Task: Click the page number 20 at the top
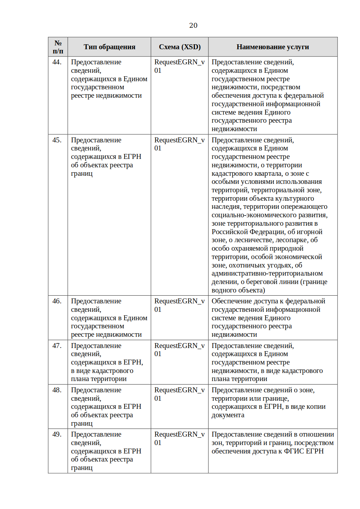(x=193, y=25)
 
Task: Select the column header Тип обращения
(x=109, y=47)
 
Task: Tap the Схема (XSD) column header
(x=180, y=47)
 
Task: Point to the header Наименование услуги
(x=272, y=47)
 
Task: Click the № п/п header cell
(x=58, y=47)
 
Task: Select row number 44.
(x=57, y=62)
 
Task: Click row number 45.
(x=57, y=140)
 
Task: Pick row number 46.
(x=57, y=301)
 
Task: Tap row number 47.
(x=57, y=346)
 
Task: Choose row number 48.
(x=57, y=390)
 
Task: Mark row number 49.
(x=57, y=434)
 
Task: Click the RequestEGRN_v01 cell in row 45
(x=179, y=144)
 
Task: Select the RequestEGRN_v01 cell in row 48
(x=179, y=394)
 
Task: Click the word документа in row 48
(x=228, y=415)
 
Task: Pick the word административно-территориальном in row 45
(x=267, y=273)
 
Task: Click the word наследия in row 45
(x=226, y=207)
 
